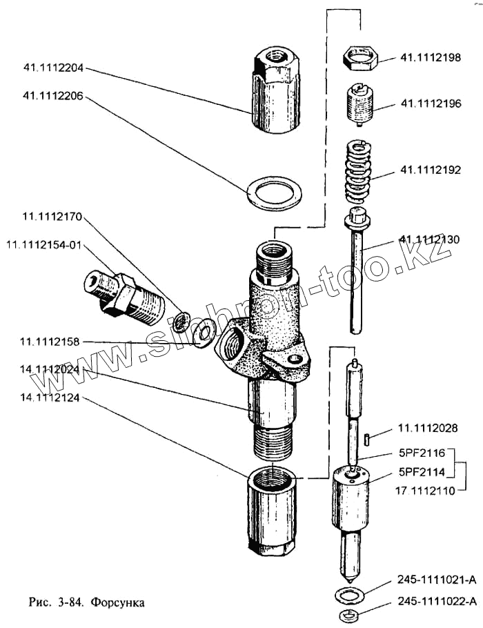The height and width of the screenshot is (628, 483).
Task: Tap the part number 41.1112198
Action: [431, 58]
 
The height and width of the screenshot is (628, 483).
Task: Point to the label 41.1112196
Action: [431, 104]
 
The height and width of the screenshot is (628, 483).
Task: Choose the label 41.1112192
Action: [431, 170]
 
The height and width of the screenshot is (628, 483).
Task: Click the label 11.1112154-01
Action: [43, 245]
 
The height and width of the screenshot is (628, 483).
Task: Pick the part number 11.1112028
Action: [427, 429]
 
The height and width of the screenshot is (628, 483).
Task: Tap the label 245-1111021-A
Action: [437, 579]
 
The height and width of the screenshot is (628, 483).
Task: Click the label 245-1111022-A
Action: [437, 602]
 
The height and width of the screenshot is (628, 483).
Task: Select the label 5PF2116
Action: [421, 455]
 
